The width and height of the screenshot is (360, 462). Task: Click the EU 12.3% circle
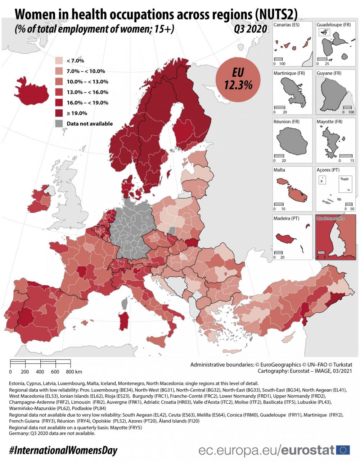click(x=238, y=80)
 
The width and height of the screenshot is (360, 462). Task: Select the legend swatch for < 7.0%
click(x=59, y=61)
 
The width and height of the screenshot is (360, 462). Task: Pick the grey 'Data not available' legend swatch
click(x=59, y=123)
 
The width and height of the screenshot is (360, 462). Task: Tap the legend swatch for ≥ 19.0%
click(x=59, y=113)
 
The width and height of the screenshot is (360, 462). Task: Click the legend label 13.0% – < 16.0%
click(x=87, y=92)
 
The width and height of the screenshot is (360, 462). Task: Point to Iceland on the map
click(x=32, y=91)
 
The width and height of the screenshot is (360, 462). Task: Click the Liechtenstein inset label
click(x=330, y=218)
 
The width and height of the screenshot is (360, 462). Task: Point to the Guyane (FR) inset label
click(x=329, y=73)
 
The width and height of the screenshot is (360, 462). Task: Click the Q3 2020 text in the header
click(x=250, y=29)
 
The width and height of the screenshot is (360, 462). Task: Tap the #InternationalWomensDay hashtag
click(x=63, y=450)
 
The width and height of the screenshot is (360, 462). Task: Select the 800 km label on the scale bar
click(x=74, y=372)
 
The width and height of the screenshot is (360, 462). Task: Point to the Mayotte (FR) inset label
click(x=329, y=122)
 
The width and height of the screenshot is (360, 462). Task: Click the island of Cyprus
click(x=288, y=338)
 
